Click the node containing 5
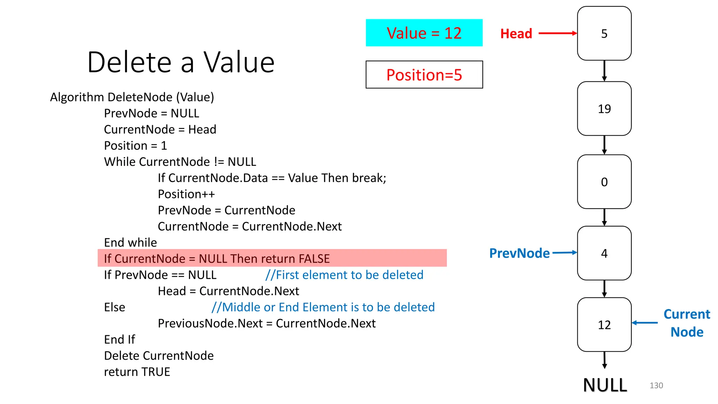point(604,33)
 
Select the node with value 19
point(604,109)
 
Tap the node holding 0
point(604,182)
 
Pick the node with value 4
point(604,253)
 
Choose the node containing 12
point(604,325)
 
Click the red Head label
point(516,34)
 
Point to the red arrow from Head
point(557,33)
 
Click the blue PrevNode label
point(519,253)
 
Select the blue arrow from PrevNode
point(564,252)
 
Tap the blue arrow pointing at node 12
point(645,323)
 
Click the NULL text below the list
point(605,385)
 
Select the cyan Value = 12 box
point(424,33)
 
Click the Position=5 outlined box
point(424,75)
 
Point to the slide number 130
point(656,385)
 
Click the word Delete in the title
point(129,62)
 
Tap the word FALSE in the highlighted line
point(314,259)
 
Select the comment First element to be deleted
point(344,275)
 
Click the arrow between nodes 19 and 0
point(604,145)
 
